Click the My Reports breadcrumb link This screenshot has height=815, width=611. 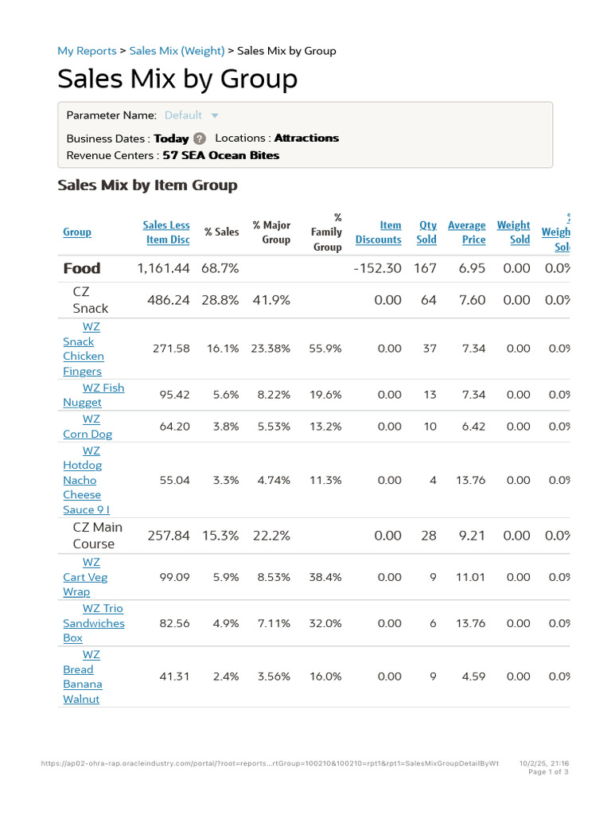click(87, 51)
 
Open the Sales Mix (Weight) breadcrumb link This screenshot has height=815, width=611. click(177, 51)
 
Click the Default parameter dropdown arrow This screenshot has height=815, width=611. click(215, 115)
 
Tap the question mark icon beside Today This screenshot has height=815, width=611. click(200, 138)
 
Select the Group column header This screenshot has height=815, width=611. click(77, 232)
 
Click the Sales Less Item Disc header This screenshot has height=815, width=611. click(167, 232)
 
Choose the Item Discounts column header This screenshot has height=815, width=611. click(379, 232)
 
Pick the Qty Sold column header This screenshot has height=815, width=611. click(427, 232)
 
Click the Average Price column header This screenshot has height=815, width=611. click(467, 232)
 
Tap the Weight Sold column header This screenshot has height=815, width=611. click(514, 232)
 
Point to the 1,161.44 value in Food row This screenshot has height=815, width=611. click(164, 268)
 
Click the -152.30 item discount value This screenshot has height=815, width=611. click(378, 268)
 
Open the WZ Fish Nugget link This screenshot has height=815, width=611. click(93, 395)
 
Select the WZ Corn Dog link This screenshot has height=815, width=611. click(88, 427)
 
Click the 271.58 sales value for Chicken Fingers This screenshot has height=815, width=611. click(171, 349)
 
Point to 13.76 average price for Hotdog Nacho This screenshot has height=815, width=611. click(470, 480)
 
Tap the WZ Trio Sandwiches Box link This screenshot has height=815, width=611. click(94, 623)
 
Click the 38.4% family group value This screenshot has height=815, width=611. click(325, 577)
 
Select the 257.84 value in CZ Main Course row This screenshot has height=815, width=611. click(169, 536)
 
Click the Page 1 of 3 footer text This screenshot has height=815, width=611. click(548, 771)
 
